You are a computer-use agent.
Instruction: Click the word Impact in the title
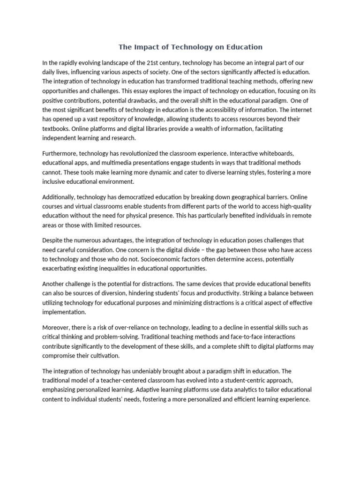coord(146,47)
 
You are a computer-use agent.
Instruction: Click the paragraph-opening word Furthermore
coord(60,153)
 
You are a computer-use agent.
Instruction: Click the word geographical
coord(252,197)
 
